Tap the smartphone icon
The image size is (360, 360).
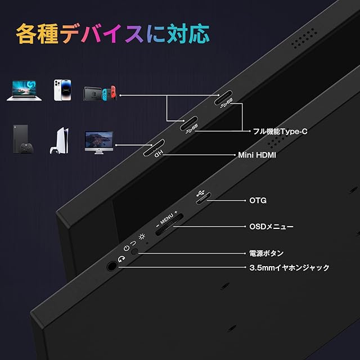[62, 90]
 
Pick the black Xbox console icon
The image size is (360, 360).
[22, 139]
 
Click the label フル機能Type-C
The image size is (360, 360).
[279, 132]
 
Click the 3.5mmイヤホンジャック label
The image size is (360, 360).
[289, 268]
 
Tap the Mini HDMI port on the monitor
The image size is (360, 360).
[154, 148]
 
